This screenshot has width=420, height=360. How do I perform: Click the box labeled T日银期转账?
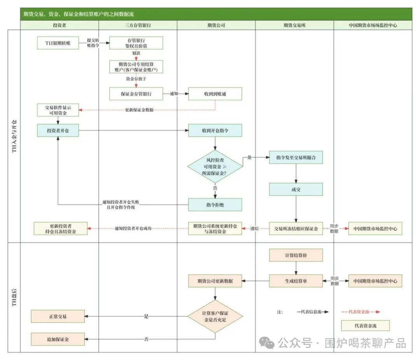click(x=58, y=43)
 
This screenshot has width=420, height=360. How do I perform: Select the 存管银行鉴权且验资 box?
click(x=136, y=43)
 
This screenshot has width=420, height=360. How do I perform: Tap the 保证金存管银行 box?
click(x=136, y=94)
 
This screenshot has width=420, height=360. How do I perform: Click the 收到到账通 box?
click(x=215, y=94)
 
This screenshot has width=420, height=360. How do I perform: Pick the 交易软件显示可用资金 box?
click(x=58, y=110)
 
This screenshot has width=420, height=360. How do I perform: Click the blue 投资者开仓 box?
click(x=58, y=131)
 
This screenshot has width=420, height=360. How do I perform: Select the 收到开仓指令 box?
click(x=215, y=131)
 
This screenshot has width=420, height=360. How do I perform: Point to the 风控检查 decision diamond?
click(x=215, y=166)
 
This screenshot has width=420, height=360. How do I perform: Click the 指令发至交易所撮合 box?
click(x=296, y=157)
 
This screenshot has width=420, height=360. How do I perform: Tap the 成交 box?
click(x=296, y=189)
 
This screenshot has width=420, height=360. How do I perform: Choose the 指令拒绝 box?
click(x=215, y=204)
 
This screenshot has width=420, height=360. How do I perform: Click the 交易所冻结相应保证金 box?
click(x=296, y=229)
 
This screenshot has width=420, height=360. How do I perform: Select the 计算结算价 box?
click(x=296, y=255)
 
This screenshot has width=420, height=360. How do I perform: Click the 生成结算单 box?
click(x=296, y=281)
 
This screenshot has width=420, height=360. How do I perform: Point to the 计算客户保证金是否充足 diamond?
click(x=215, y=316)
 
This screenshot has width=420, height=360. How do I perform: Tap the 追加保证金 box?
click(x=58, y=339)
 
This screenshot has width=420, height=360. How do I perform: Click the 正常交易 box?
click(x=58, y=316)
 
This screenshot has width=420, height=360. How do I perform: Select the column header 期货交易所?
click(x=294, y=25)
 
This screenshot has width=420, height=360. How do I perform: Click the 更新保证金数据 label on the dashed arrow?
click(x=139, y=110)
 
